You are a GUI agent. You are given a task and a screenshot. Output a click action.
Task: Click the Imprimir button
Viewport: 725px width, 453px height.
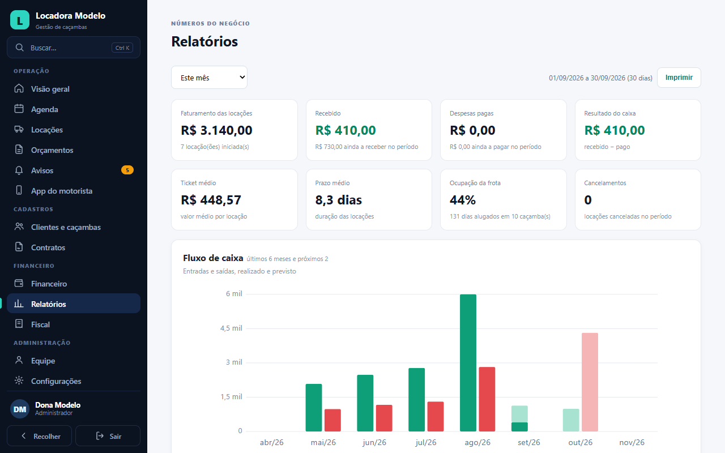(x=679, y=78)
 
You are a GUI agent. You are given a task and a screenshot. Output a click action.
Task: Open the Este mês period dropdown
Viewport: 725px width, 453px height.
(x=209, y=78)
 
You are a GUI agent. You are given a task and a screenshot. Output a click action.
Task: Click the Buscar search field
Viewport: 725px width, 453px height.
(x=74, y=48)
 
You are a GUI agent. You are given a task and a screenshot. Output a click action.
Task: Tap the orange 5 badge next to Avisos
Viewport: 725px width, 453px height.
(x=127, y=170)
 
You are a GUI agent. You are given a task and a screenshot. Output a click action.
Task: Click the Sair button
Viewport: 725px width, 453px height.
(x=108, y=436)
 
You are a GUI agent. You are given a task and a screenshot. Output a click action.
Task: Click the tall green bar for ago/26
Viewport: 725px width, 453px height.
(x=468, y=363)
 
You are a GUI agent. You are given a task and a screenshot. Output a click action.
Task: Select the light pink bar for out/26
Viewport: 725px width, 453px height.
(x=590, y=382)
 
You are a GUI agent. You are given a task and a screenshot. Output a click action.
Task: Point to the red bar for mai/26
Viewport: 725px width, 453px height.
(x=332, y=420)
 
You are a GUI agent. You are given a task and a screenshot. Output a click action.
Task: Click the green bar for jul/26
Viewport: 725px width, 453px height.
(x=416, y=400)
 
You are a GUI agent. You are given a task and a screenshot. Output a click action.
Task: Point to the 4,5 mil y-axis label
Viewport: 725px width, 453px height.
(x=231, y=328)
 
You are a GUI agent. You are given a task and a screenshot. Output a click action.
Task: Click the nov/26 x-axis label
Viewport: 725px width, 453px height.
(x=632, y=442)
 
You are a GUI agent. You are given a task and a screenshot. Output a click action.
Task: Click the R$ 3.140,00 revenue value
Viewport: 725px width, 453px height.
(x=216, y=130)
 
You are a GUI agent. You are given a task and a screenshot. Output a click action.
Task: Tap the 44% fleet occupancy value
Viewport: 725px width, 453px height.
(x=463, y=200)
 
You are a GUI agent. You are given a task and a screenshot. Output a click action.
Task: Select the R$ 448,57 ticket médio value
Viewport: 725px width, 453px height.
(x=211, y=200)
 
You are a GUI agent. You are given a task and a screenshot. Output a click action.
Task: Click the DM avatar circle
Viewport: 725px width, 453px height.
(x=20, y=409)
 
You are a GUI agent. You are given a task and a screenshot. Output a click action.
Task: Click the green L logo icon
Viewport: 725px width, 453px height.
(x=20, y=20)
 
